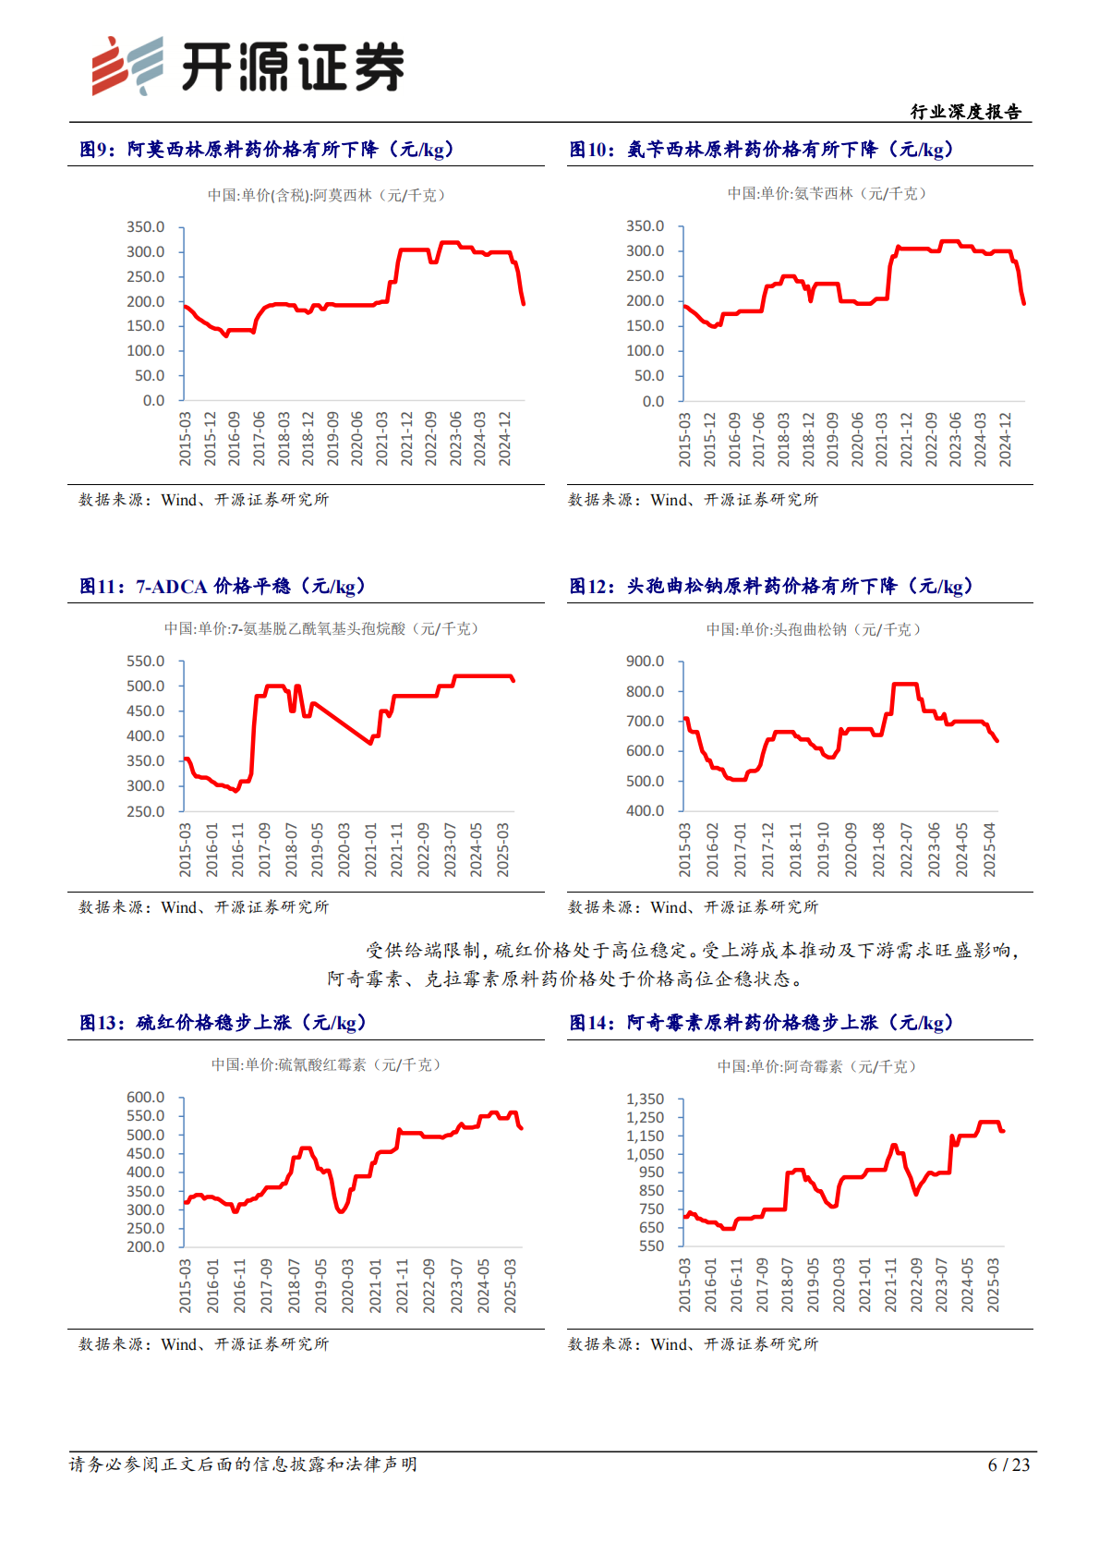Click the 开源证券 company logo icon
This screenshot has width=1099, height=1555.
pyautogui.click(x=127, y=66)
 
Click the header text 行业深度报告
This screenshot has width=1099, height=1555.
pyautogui.click(x=966, y=112)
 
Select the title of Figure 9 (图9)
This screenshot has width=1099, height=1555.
pyautogui.click(x=267, y=150)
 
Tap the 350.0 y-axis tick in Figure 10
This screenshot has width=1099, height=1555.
pyautogui.click(x=645, y=226)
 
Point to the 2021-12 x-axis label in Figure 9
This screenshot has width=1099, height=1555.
pyautogui.click(x=406, y=439)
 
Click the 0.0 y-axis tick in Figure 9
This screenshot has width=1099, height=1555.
pyautogui.click(x=153, y=401)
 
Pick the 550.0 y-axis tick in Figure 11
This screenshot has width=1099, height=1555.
pyautogui.click(x=146, y=662)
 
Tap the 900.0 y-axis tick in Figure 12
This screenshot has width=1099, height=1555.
pyautogui.click(x=645, y=662)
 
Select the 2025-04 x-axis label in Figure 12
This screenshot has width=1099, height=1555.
pyautogui.click(x=989, y=850)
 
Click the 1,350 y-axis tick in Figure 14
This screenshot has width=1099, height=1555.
pyautogui.click(x=645, y=1099)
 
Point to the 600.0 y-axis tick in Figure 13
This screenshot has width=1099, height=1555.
pyautogui.click(x=146, y=1098)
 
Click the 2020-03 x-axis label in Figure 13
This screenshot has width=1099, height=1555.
pyautogui.click(x=348, y=1285)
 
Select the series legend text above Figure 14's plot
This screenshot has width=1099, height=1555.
pyautogui.click(x=817, y=1066)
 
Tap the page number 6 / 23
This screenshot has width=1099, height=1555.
pyautogui.click(x=1008, y=1464)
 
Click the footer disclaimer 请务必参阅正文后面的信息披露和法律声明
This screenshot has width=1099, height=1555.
pyautogui.click(x=243, y=1464)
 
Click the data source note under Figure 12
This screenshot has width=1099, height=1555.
pyautogui.click(x=693, y=907)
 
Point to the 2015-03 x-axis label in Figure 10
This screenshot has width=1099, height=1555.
pyautogui.click(x=684, y=439)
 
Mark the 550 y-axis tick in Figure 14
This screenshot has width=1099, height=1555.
pyautogui.click(x=651, y=1246)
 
